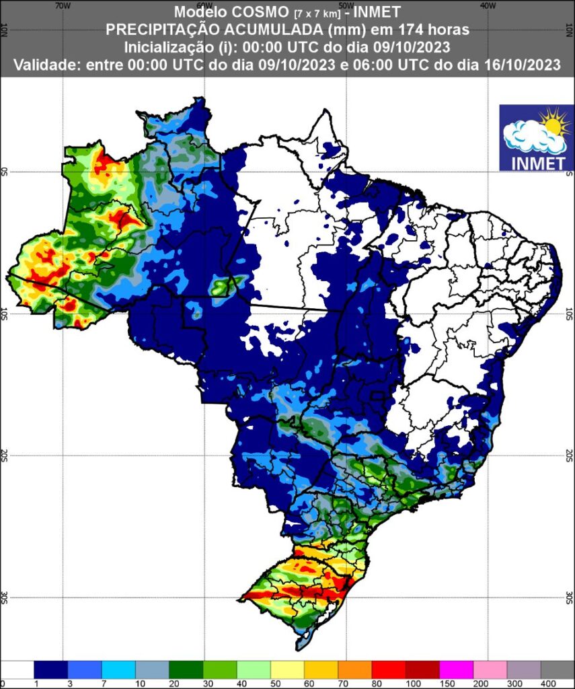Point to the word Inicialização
coord(166,47)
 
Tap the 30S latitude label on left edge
coord(5,597)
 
